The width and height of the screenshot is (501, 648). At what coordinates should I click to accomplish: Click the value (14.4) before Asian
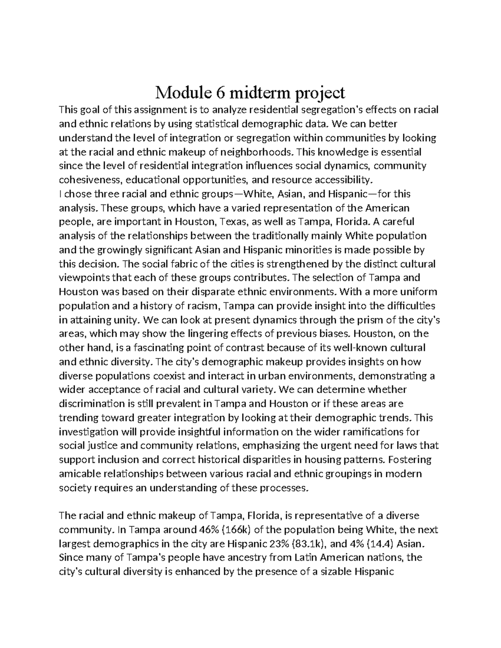[x=380, y=544]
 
